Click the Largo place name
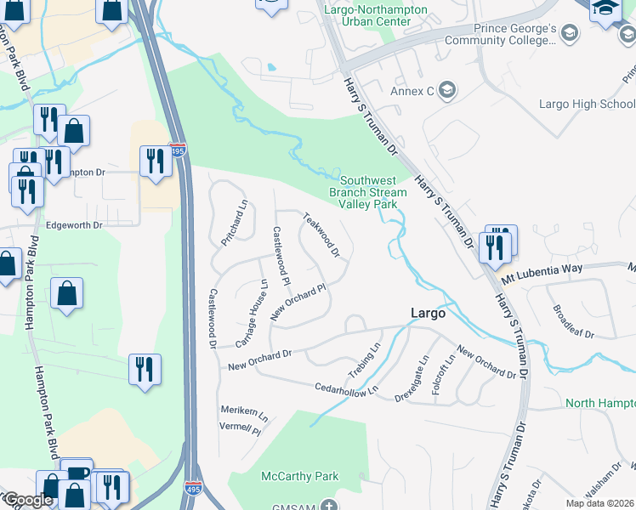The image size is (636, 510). coord(428,313)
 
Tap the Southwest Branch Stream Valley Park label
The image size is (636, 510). coord(368,192)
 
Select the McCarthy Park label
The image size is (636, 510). coord(300,477)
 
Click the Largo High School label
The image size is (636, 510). coord(587,105)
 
